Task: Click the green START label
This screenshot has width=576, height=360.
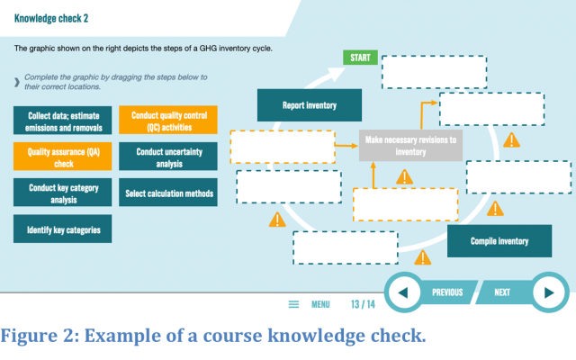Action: coord(360,58)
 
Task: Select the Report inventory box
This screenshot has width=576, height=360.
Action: coord(310,105)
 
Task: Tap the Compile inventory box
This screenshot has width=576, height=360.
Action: coord(499,241)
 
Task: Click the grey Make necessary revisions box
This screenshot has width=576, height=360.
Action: coord(410,146)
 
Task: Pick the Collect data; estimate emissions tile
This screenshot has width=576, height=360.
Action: coord(62,121)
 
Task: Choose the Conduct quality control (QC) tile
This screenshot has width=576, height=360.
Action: coord(168,120)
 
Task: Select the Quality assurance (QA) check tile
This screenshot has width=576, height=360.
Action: coord(62,157)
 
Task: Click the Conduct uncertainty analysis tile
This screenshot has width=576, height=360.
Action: coord(168,157)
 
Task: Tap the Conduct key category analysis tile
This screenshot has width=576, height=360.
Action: coord(62,193)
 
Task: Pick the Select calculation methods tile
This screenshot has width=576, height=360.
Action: coord(168,193)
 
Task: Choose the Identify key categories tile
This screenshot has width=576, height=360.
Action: coord(62,229)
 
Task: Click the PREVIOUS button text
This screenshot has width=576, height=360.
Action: coord(447,292)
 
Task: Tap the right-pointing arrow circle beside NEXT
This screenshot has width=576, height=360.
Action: coord(549,292)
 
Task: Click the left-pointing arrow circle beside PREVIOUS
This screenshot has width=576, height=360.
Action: coord(403,292)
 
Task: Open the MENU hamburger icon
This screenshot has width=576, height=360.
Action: coord(293,304)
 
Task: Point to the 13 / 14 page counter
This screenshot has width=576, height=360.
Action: coord(363,304)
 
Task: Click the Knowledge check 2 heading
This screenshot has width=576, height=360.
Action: coord(51,18)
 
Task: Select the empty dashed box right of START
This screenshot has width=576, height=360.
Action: coord(434,72)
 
